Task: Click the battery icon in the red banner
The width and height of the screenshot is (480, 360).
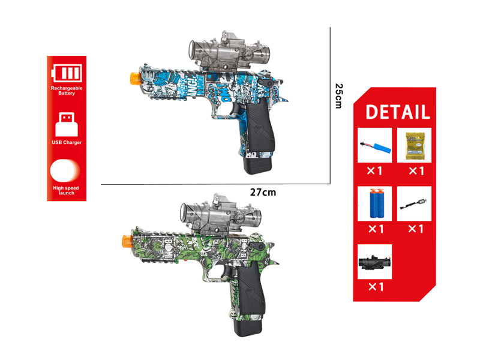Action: (67, 73)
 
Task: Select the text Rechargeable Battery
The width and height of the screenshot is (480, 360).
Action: (67, 91)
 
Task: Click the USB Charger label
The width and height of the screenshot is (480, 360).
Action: (67, 142)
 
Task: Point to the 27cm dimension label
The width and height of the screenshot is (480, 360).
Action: (263, 192)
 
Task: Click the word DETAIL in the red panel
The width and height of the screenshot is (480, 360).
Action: (397, 112)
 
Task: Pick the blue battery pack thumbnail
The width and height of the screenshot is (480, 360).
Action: (374, 146)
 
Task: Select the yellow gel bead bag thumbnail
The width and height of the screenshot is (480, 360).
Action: (415, 146)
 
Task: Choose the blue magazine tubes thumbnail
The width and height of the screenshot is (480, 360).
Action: (374, 204)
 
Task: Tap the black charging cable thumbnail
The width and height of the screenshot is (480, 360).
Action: (415, 204)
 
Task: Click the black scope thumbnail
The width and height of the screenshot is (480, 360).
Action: (374, 262)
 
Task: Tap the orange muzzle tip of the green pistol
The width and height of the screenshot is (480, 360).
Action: (125, 241)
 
